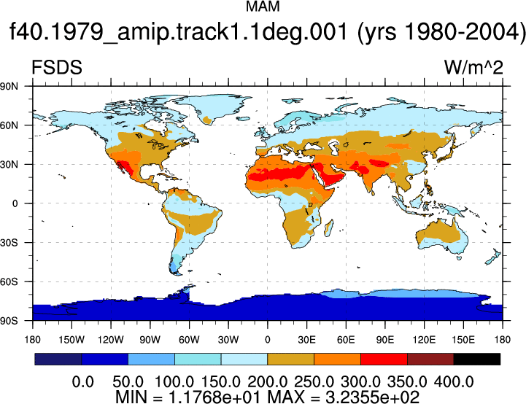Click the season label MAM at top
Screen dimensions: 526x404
click(x=263, y=7)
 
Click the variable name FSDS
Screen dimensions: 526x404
click(x=57, y=67)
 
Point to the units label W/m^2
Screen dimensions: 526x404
click(x=473, y=67)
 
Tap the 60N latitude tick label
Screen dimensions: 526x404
click(x=9, y=125)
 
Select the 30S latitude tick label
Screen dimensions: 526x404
click(x=9, y=242)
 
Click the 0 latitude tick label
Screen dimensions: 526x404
click(x=15, y=203)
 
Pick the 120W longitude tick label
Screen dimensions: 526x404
click(x=111, y=340)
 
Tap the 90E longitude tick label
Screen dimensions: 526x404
click(x=384, y=340)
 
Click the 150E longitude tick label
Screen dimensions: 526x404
click(x=463, y=340)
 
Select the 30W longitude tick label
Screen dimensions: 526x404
click(x=228, y=340)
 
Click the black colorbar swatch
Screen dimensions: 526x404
click(x=476, y=359)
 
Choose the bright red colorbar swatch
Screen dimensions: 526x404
click(x=384, y=359)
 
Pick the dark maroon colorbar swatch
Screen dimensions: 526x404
click(x=430, y=359)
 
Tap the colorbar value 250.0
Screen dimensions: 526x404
click(x=314, y=382)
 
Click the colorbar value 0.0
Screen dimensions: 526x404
click(x=83, y=382)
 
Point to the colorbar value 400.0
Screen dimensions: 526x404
click(x=454, y=382)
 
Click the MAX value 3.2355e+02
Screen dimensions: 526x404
click(x=372, y=397)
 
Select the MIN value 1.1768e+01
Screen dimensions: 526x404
click(x=214, y=397)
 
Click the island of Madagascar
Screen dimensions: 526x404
click(x=329, y=228)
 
